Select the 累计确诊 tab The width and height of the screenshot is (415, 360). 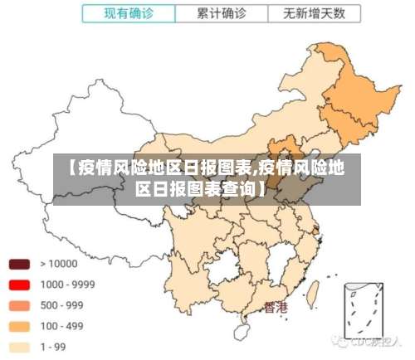point(222,13)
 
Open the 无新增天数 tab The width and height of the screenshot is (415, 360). point(310,13)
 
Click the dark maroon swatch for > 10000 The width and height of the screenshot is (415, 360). point(19,264)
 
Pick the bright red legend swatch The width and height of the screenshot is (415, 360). point(19,285)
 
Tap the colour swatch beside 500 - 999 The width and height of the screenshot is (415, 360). point(19,305)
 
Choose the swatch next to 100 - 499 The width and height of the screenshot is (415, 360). point(19,326)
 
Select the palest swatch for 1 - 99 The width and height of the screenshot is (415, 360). point(19,347)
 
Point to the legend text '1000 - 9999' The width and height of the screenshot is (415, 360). point(68,285)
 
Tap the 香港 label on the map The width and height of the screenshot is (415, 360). point(275,307)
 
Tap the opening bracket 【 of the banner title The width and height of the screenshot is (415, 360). point(66,168)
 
